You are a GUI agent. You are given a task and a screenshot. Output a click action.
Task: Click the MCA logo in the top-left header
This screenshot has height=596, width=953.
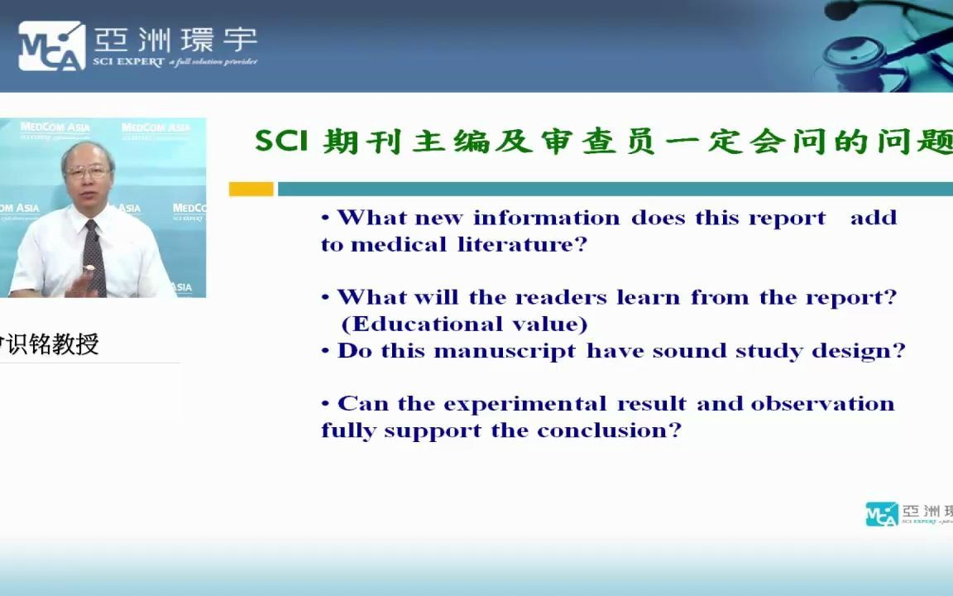point(51,45)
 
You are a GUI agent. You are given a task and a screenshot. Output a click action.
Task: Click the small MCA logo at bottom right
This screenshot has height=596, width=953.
point(881,513)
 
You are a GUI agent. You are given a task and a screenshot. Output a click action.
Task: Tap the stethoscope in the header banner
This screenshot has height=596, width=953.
point(885,41)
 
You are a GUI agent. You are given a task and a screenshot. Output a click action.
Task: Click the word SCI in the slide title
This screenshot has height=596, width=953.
point(280,142)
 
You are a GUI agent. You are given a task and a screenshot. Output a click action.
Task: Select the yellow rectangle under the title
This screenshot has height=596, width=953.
point(251,190)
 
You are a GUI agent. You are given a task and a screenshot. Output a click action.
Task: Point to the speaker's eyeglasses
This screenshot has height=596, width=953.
point(88,172)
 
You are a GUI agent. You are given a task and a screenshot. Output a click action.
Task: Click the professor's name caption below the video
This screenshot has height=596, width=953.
point(50,344)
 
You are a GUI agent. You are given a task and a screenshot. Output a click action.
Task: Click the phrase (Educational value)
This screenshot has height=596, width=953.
point(464,324)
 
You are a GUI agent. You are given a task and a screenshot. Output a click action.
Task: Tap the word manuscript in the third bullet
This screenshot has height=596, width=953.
point(505,351)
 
